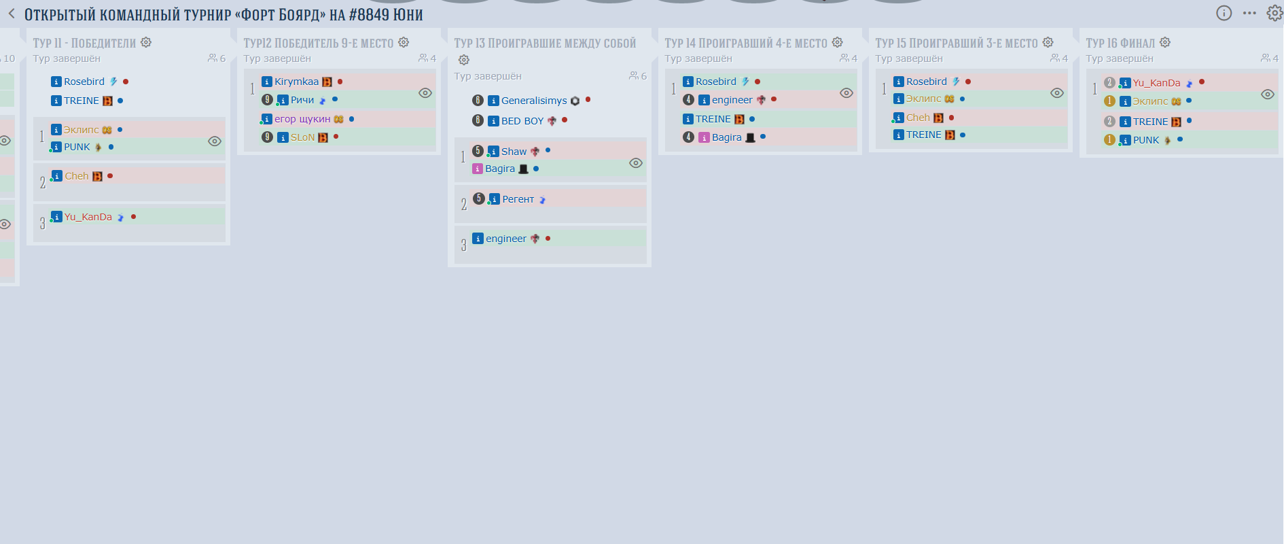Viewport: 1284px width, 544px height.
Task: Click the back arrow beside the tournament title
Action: [12, 14]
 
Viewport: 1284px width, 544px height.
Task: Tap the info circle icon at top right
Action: [1224, 13]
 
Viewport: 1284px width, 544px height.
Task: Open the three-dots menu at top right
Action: [1249, 13]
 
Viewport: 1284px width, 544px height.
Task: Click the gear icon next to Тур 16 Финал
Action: [1165, 42]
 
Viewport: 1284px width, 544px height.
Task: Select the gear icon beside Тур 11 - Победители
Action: [146, 42]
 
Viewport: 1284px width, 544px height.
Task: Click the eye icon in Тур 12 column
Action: [425, 93]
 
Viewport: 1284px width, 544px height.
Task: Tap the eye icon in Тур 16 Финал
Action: [1268, 95]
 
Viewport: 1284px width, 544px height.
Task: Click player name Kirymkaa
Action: [296, 82]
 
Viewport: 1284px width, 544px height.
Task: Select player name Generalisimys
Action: [534, 101]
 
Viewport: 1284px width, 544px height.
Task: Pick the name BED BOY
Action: [522, 121]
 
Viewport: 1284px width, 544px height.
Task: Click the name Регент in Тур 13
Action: [518, 199]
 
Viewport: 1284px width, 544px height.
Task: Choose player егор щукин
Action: [302, 119]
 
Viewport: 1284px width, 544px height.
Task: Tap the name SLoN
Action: [302, 137]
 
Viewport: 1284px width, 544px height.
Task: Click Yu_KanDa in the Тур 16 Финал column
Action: [1156, 83]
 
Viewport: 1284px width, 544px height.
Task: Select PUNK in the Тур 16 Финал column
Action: [1146, 140]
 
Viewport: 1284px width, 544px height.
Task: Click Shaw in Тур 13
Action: [514, 152]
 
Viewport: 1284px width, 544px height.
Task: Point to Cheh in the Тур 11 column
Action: [77, 176]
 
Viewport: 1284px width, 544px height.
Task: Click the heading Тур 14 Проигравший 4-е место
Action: [746, 43]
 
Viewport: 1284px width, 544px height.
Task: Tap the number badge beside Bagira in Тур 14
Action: [688, 137]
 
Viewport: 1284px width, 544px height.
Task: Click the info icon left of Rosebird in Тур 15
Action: [898, 82]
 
